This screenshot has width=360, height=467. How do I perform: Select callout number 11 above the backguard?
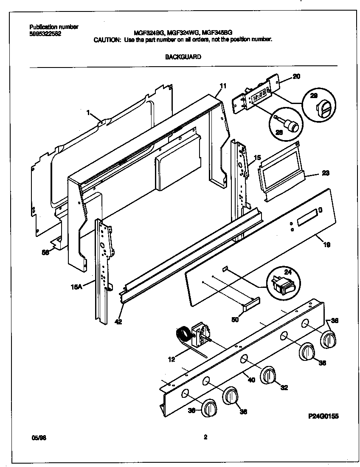tap(223, 86)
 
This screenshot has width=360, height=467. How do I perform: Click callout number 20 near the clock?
tap(296, 77)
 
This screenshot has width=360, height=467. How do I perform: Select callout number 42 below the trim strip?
tap(118, 322)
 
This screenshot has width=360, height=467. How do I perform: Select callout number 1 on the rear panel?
tap(88, 113)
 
